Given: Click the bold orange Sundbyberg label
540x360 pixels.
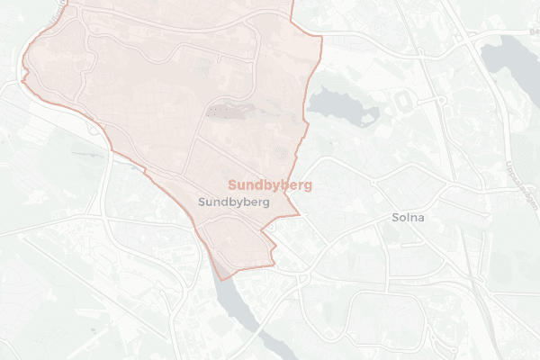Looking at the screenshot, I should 270,184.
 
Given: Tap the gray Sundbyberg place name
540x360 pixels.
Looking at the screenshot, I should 235,202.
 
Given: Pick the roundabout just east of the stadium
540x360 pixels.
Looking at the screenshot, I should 442,98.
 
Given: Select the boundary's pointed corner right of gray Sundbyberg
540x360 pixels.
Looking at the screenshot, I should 299,216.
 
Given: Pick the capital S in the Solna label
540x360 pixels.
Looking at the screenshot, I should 394,218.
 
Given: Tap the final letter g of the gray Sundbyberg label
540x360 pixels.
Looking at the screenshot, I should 266,203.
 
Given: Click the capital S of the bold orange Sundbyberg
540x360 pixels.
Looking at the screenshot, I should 232,184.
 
